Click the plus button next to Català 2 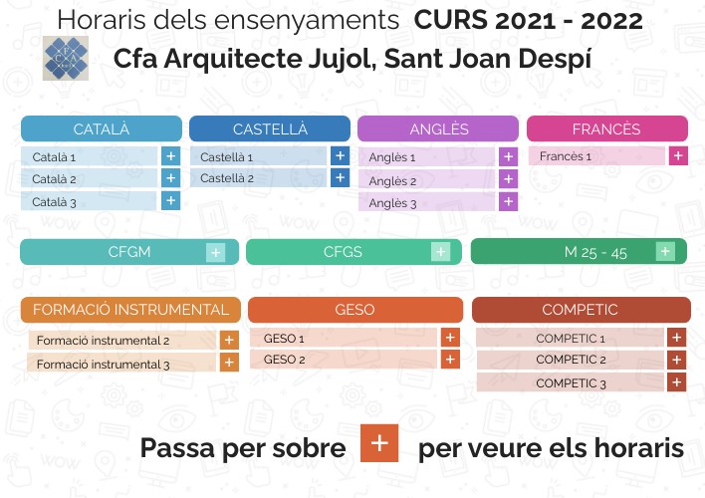(170, 178)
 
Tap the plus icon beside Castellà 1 (340, 156)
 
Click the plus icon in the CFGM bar (215, 252)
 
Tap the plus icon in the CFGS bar (440, 252)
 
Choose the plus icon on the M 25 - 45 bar (665, 251)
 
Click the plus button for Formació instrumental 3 (230, 363)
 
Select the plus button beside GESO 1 (449, 338)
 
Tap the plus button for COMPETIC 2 (676, 360)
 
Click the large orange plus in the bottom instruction (379, 444)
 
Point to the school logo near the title (66, 56)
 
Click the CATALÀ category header (102, 129)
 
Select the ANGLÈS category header (438, 129)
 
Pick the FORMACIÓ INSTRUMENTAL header (130, 310)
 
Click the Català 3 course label (55, 201)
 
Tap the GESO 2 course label (285, 360)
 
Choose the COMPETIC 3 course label (571, 382)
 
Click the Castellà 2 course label (227, 178)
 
